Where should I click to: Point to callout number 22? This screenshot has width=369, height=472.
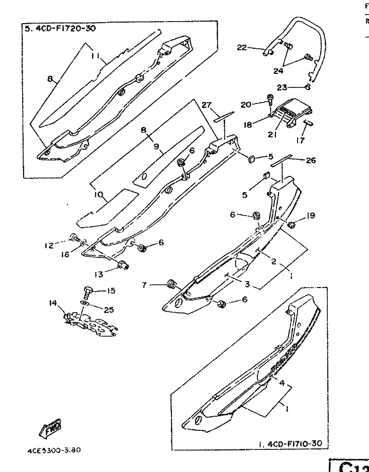tap(242, 47)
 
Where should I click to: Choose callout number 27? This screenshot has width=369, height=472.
tap(206, 104)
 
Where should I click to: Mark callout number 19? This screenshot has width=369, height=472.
tap(311, 216)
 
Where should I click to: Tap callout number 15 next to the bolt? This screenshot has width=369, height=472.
tap(111, 290)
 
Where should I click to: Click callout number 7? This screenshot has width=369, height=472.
tap(144, 285)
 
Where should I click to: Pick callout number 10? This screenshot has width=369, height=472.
tap(98, 194)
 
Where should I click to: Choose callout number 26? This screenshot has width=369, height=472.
tap(310, 160)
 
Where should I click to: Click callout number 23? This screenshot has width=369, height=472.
tap(282, 87)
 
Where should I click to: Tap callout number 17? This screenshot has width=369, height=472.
tap(300, 141)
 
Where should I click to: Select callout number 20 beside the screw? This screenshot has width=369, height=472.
tap(245, 105)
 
